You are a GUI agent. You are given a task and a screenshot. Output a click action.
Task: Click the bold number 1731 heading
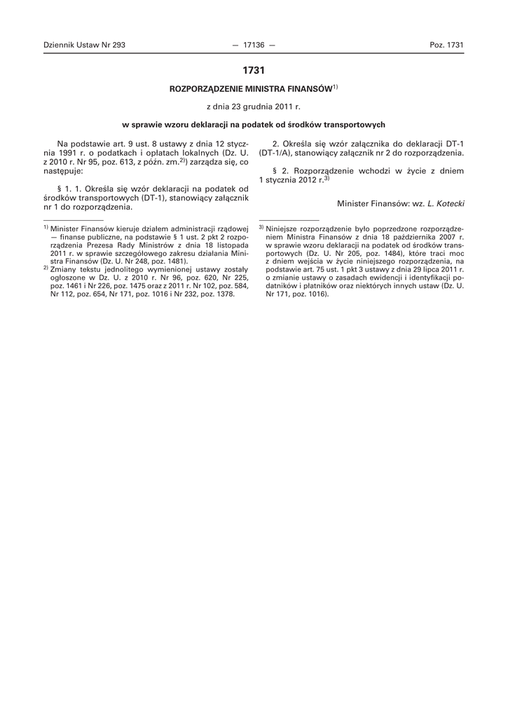pos(254,70)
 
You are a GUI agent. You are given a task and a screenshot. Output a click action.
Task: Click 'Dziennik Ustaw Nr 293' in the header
pos(84,45)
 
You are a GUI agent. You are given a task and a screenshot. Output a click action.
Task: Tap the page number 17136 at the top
pos(254,45)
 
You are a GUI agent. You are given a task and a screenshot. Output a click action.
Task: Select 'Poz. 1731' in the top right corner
pos(446,45)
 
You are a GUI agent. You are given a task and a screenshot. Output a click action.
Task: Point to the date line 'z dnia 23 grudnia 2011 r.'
pos(254,107)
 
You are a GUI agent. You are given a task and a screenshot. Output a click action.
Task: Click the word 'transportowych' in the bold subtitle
pos(357,125)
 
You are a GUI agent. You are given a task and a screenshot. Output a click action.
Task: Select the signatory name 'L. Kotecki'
pos(446,203)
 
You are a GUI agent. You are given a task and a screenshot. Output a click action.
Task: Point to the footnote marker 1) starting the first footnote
pos(46,228)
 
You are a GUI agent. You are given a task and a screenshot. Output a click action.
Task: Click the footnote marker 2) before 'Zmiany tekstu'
pos(46,267)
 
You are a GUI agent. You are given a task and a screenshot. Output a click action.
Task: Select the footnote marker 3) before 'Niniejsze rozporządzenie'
pos(261,228)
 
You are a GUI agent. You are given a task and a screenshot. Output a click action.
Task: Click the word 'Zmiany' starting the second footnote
pos(63,269)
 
